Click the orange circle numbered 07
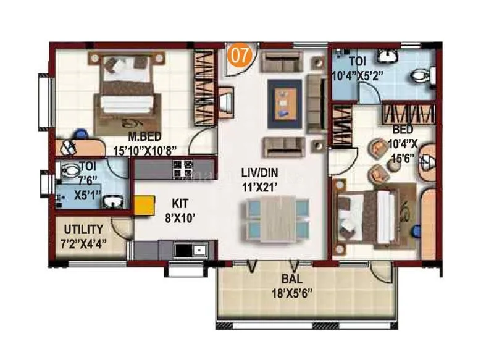point(240,55)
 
